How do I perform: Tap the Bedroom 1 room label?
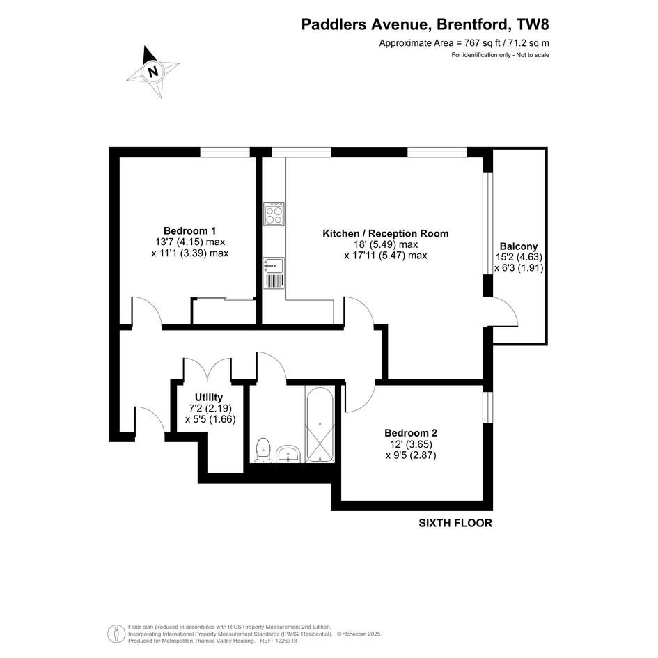tap(189, 230)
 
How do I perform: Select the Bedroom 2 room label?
tap(411, 432)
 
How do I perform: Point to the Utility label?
tap(209, 397)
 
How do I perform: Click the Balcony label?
tap(519, 246)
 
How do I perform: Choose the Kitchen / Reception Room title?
tap(385, 233)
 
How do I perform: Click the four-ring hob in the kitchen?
tap(274, 214)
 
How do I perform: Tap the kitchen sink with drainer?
tap(274, 273)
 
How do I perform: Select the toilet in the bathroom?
tap(263, 450)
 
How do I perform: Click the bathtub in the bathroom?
tap(320, 425)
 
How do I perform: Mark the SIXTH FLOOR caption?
tap(455, 523)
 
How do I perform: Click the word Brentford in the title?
tap(472, 24)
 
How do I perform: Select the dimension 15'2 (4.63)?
tap(519, 257)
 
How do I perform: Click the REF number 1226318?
tap(285, 641)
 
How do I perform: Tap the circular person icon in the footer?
tap(116, 634)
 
